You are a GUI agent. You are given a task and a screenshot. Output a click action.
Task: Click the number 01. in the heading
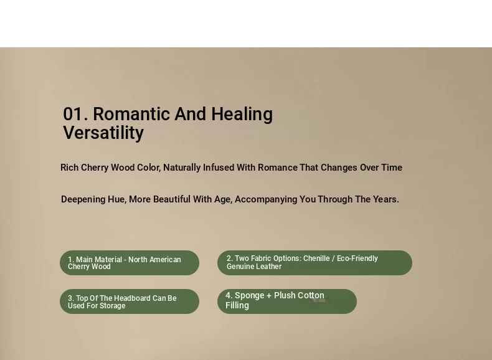coord(75,114)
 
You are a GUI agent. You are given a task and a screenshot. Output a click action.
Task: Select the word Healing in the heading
coord(242,115)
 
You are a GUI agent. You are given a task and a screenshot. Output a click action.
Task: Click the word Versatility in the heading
coord(103,133)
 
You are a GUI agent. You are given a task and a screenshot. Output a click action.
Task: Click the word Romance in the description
coord(277,168)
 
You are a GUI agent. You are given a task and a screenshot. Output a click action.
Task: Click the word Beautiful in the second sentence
coord(172,199)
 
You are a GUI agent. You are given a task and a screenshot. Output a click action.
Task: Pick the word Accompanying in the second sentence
coord(266,199)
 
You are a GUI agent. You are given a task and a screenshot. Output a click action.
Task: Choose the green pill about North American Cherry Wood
coord(130,263)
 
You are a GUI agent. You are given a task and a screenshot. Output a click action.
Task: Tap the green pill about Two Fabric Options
coord(315,263)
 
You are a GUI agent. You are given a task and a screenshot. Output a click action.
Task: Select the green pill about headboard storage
coord(130,301)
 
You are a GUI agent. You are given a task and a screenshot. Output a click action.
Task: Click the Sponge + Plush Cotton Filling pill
coord(287,301)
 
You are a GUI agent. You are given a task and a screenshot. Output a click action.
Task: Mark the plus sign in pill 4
coord(268,296)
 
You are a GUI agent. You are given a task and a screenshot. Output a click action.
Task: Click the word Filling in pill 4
coord(237,306)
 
